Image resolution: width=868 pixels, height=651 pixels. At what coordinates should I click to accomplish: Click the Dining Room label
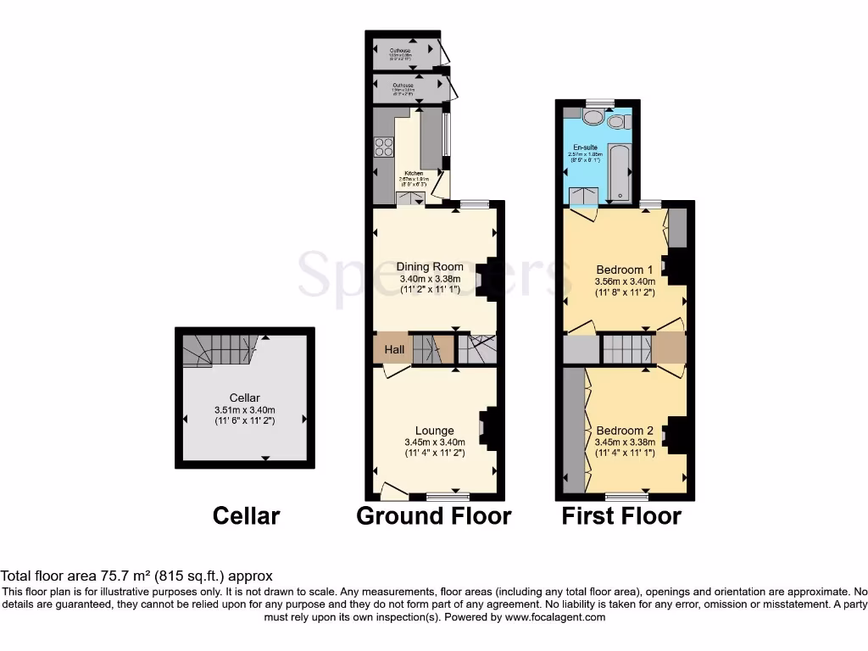pyautogui.click(x=430, y=266)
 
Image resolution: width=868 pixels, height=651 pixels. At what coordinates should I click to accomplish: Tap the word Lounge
pyautogui.click(x=434, y=431)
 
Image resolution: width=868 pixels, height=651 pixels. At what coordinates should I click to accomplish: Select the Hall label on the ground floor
pyautogui.click(x=394, y=349)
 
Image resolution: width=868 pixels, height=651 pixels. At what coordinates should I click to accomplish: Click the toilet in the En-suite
pyautogui.click(x=615, y=121)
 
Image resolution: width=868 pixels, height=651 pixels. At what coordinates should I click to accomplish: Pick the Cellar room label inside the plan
pyautogui.click(x=244, y=398)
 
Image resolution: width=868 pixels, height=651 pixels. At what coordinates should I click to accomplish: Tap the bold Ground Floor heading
pyautogui.click(x=434, y=515)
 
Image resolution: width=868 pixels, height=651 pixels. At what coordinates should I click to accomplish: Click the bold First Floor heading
pyautogui.click(x=621, y=515)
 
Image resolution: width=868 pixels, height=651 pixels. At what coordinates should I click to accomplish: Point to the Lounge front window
pyautogui.click(x=443, y=495)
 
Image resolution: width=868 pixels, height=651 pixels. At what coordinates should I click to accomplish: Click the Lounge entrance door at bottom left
pyautogui.click(x=392, y=489)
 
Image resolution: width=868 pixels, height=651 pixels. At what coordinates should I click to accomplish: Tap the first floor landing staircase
pyautogui.click(x=626, y=348)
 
